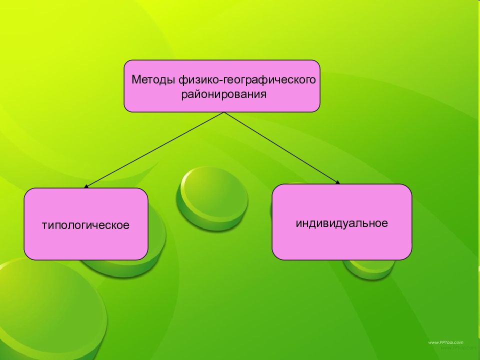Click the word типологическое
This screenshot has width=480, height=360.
pos(85,225)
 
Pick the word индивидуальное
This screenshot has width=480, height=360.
pos(341,223)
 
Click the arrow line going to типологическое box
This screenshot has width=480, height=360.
pos(155,149)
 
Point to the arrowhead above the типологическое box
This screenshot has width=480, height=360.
pos(86,186)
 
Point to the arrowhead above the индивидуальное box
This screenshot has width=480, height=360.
pos(337,182)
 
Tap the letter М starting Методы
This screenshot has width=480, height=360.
pos(135,80)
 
